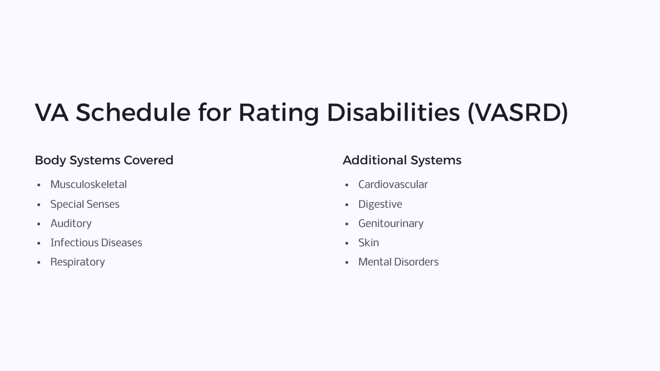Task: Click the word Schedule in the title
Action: (x=133, y=113)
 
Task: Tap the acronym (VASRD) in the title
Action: (x=518, y=113)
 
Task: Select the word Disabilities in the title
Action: (x=393, y=113)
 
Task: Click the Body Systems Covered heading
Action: (x=104, y=160)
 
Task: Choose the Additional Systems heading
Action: (x=402, y=160)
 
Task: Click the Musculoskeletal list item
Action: (x=89, y=185)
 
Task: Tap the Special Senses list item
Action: (x=85, y=204)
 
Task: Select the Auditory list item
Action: (x=71, y=223)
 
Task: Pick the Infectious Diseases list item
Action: (x=96, y=243)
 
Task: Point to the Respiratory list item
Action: (x=77, y=262)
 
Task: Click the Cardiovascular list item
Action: (x=393, y=185)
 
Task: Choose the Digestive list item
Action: (x=380, y=204)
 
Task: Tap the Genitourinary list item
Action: (x=391, y=223)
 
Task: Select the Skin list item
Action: (x=368, y=243)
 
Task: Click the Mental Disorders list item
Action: (x=398, y=262)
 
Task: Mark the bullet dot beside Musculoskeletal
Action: (x=39, y=185)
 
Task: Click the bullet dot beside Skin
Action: (x=347, y=243)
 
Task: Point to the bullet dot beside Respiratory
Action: (x=39, y=262)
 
